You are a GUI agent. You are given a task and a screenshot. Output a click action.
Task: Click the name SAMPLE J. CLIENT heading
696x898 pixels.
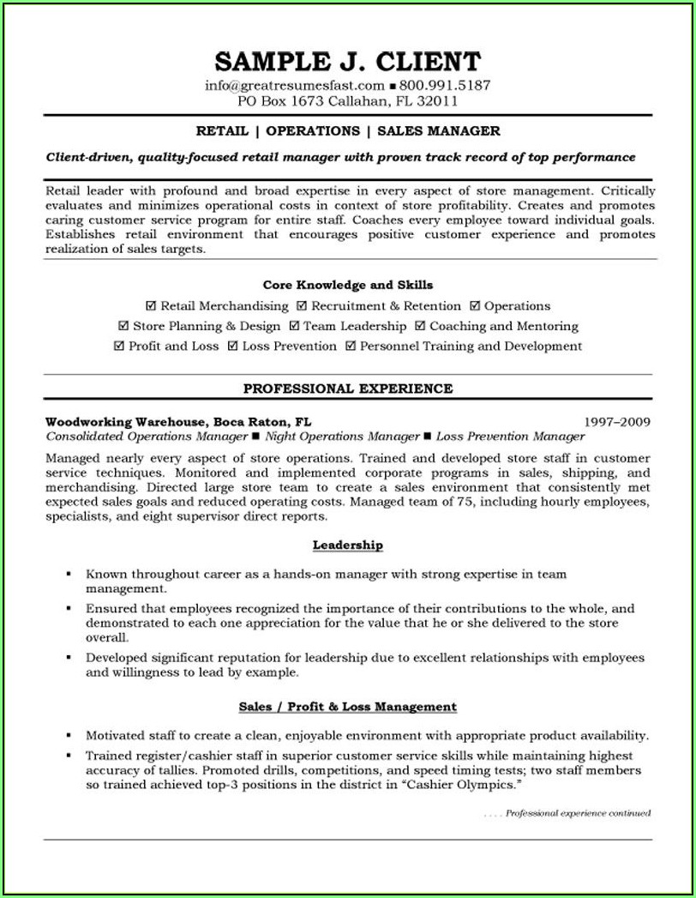347,62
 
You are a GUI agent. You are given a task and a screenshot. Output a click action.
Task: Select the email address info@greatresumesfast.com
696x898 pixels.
295,86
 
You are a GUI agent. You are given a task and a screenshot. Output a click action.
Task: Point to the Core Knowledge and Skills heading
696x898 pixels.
347,285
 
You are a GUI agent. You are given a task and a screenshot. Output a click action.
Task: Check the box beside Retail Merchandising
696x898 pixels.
151,306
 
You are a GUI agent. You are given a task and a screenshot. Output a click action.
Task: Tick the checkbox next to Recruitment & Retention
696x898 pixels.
302,306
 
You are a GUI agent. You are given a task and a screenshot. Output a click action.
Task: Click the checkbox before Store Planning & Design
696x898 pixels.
123,327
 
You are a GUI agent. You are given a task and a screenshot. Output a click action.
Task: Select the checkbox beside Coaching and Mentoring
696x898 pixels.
420,327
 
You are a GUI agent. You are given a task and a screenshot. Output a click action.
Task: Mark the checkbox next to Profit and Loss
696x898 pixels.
118,347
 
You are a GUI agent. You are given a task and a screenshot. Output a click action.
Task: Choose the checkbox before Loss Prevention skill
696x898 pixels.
232,347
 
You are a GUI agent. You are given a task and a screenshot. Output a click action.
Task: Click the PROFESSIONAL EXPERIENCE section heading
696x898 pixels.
347,389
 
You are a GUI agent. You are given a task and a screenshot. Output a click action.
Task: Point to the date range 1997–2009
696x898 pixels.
617,422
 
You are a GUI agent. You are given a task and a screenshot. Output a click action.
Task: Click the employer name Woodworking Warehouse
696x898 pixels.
125,422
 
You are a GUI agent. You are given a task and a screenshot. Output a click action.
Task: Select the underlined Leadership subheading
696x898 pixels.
347,545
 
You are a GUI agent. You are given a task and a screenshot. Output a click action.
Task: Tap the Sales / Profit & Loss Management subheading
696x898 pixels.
347,707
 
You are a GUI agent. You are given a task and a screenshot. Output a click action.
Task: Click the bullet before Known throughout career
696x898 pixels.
69,574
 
